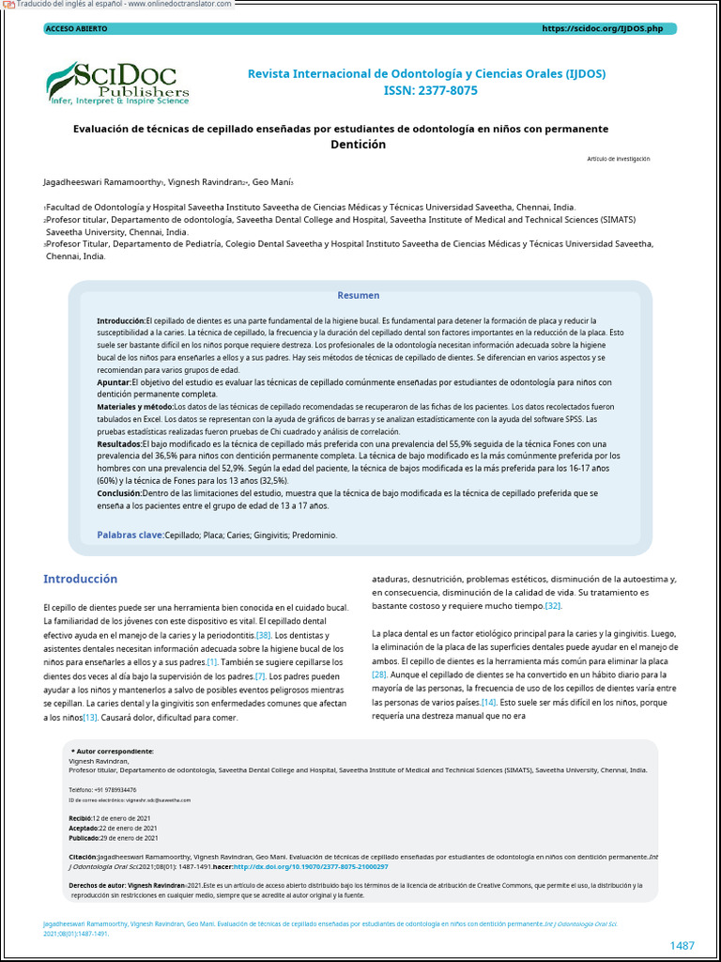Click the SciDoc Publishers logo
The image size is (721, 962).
pos(117,82)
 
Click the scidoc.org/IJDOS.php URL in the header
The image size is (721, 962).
pos(602,29)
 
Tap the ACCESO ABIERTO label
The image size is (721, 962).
pos(76,29)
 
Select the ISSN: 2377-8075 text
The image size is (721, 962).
pos(430,90)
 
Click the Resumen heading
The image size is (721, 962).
pos(359,295)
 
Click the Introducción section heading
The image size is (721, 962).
pos(81,579)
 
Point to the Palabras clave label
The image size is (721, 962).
pos(130,535)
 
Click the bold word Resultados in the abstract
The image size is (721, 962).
pos(119,443)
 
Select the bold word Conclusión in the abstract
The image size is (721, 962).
pos(119,492)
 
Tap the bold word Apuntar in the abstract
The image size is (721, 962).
pos(114,382)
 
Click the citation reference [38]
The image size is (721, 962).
pos(264,636)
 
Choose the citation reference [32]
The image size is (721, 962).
pos(554,607)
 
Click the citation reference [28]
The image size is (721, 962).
pos(379,675)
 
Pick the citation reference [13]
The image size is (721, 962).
pos(90,718)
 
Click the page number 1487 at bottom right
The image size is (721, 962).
pos(682,945)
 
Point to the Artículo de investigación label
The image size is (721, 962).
pos(618,159)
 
